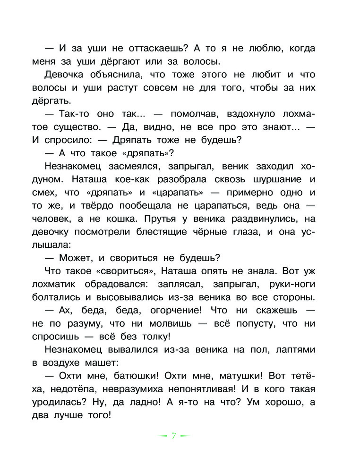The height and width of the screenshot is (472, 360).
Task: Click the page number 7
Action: tap(173, 436)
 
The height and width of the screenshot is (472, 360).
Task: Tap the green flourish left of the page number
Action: tap(163, 436)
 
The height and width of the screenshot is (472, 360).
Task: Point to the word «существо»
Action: tap(74, 127)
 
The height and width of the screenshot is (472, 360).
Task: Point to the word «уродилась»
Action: tap(65, 402)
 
